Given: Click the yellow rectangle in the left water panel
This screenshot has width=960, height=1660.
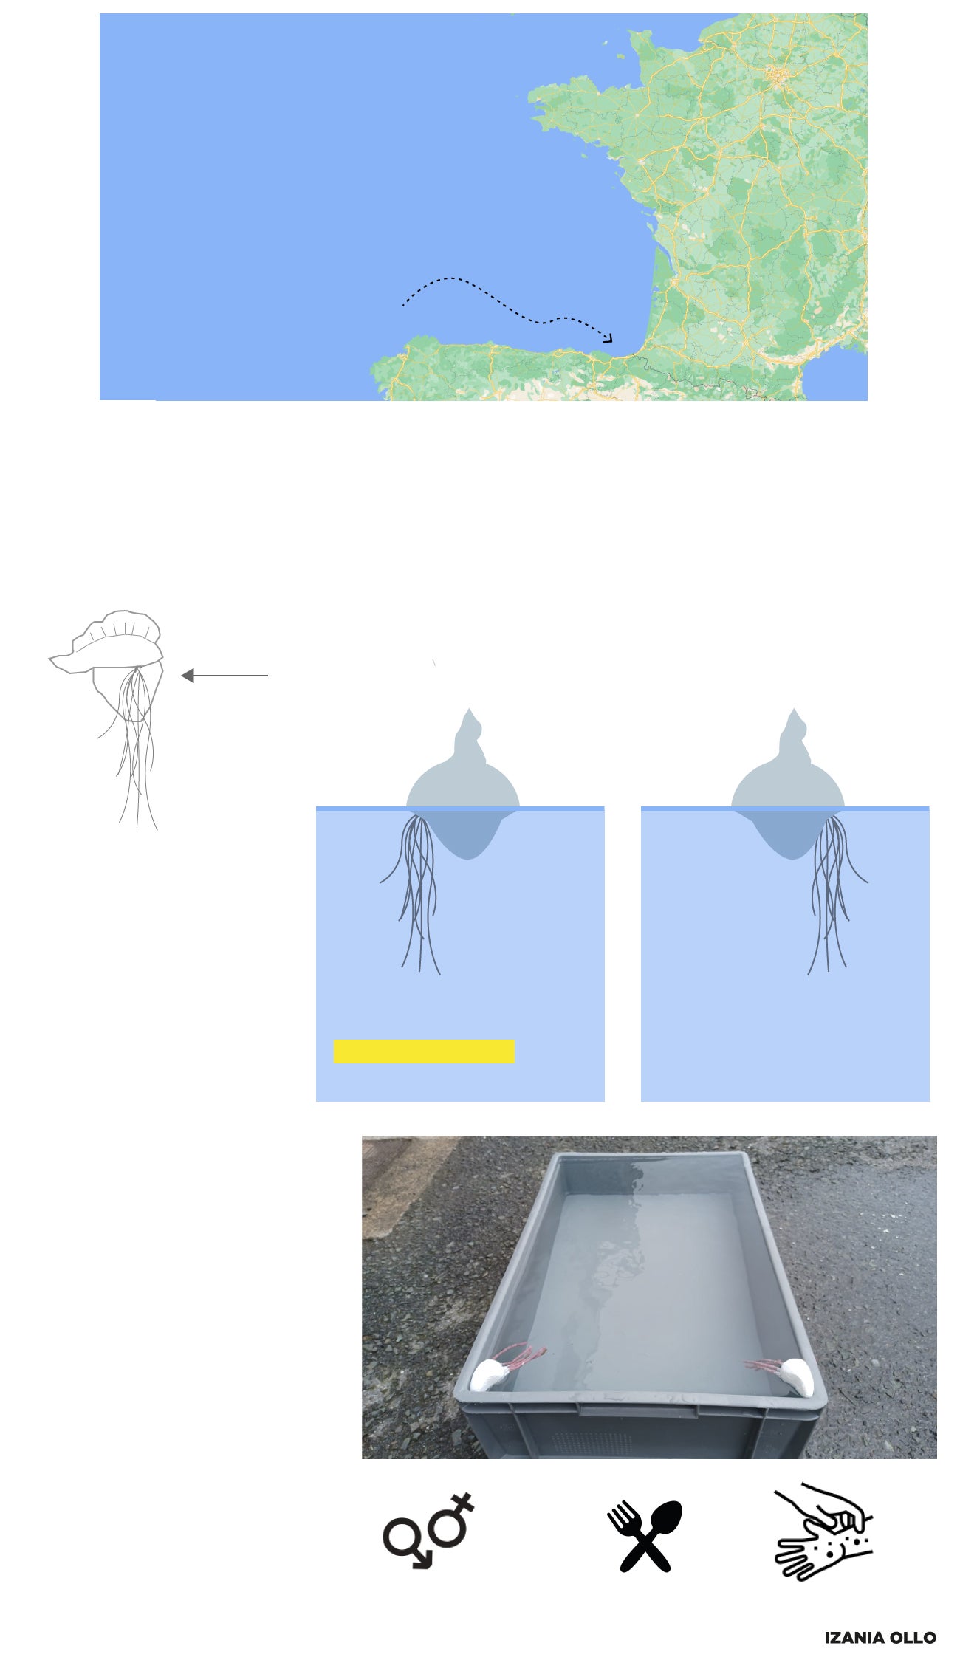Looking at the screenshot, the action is [x=424, y=1051].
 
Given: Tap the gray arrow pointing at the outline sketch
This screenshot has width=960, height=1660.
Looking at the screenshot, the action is [x=224, y=675].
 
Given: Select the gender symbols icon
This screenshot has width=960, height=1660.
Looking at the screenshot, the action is [x=428, y=1531].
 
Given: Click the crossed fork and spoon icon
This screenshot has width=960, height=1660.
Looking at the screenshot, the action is [x=645, y=1535].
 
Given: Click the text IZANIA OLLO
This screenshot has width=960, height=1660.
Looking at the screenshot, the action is [x=880, y=1637].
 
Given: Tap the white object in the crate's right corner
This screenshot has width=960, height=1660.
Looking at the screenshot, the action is [x=795, y=1376].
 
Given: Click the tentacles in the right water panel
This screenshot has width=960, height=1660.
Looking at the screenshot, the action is [x=833, y=890].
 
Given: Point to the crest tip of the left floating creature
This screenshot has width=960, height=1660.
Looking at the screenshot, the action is [x=468, y=710].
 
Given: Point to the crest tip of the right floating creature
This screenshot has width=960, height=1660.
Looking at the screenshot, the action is [x=794, y=710].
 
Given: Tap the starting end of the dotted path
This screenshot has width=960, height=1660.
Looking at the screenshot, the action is [x=403, y=305].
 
